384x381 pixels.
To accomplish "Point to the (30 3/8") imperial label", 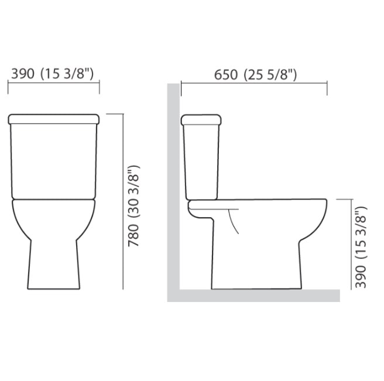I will (x=133, y=192).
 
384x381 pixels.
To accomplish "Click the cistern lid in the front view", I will (x=53, y=119).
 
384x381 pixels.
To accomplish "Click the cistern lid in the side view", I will (x=202, y=120).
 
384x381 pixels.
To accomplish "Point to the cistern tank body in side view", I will (x=202, y=161).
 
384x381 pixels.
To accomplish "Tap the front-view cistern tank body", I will (x=53, y=161).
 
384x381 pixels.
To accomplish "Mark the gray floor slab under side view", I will (x=258, y=296).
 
